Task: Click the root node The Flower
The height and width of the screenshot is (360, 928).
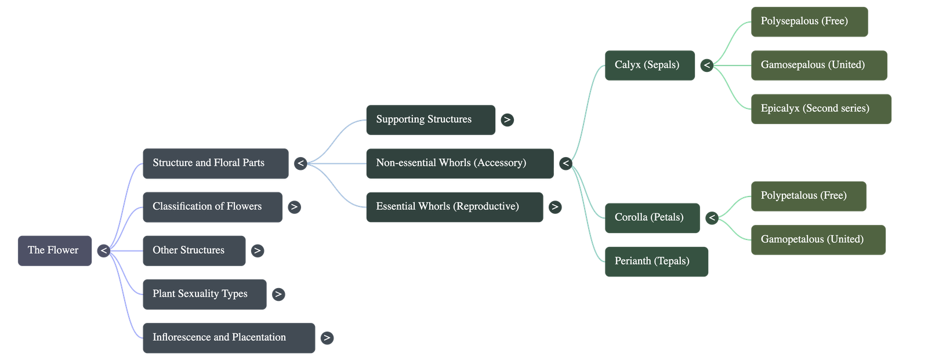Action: click(55, 250)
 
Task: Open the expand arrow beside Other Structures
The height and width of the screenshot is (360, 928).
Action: click(257, 250)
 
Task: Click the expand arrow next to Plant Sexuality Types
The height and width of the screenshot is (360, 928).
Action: click(278, 294)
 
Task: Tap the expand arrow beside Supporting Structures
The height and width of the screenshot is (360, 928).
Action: click(507, 120)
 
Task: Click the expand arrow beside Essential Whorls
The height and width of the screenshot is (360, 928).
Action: click(555, 207)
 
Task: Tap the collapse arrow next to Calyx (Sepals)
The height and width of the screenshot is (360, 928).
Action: click(706, 66)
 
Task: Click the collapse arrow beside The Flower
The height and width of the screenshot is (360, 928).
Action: click(103, 250)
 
